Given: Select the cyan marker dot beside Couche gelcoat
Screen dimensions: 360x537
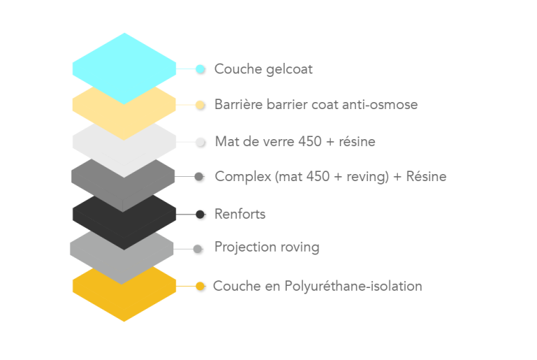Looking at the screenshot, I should pos(201,69).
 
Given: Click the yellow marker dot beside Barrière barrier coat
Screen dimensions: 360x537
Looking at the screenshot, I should pos(201,106).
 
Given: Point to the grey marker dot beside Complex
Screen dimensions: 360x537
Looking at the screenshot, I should pos(199,178).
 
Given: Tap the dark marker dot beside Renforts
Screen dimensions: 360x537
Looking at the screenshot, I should pos(201,215).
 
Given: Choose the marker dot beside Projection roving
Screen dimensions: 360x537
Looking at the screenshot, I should pos(199,248).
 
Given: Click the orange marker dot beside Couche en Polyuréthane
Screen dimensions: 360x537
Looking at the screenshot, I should pos(201,287).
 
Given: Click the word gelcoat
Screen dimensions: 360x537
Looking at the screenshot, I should pos(288,70).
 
